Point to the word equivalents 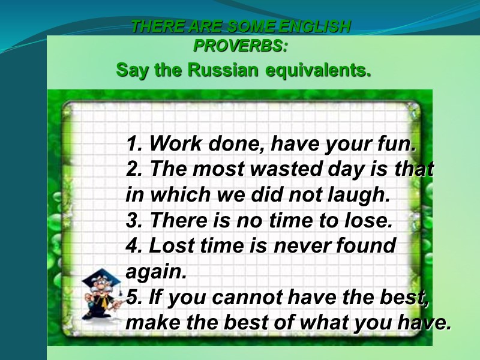319,70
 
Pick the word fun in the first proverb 394,144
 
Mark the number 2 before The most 133,170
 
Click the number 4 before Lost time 133,246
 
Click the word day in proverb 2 344,170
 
